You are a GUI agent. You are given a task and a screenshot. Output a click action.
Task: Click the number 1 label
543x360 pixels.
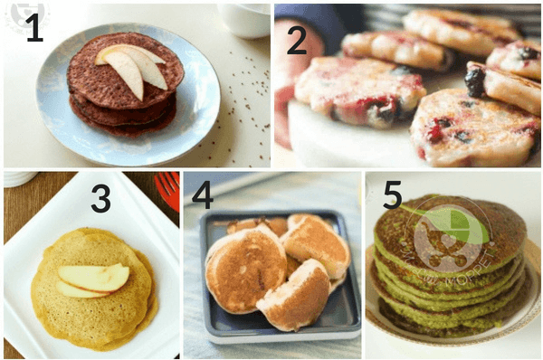pos(34,29)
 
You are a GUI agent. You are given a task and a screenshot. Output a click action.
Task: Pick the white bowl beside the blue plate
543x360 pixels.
pos(244,18)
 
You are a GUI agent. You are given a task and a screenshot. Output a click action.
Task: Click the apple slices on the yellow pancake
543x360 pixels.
pos(93,279)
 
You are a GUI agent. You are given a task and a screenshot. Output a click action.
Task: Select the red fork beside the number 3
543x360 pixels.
pos(168,189)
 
